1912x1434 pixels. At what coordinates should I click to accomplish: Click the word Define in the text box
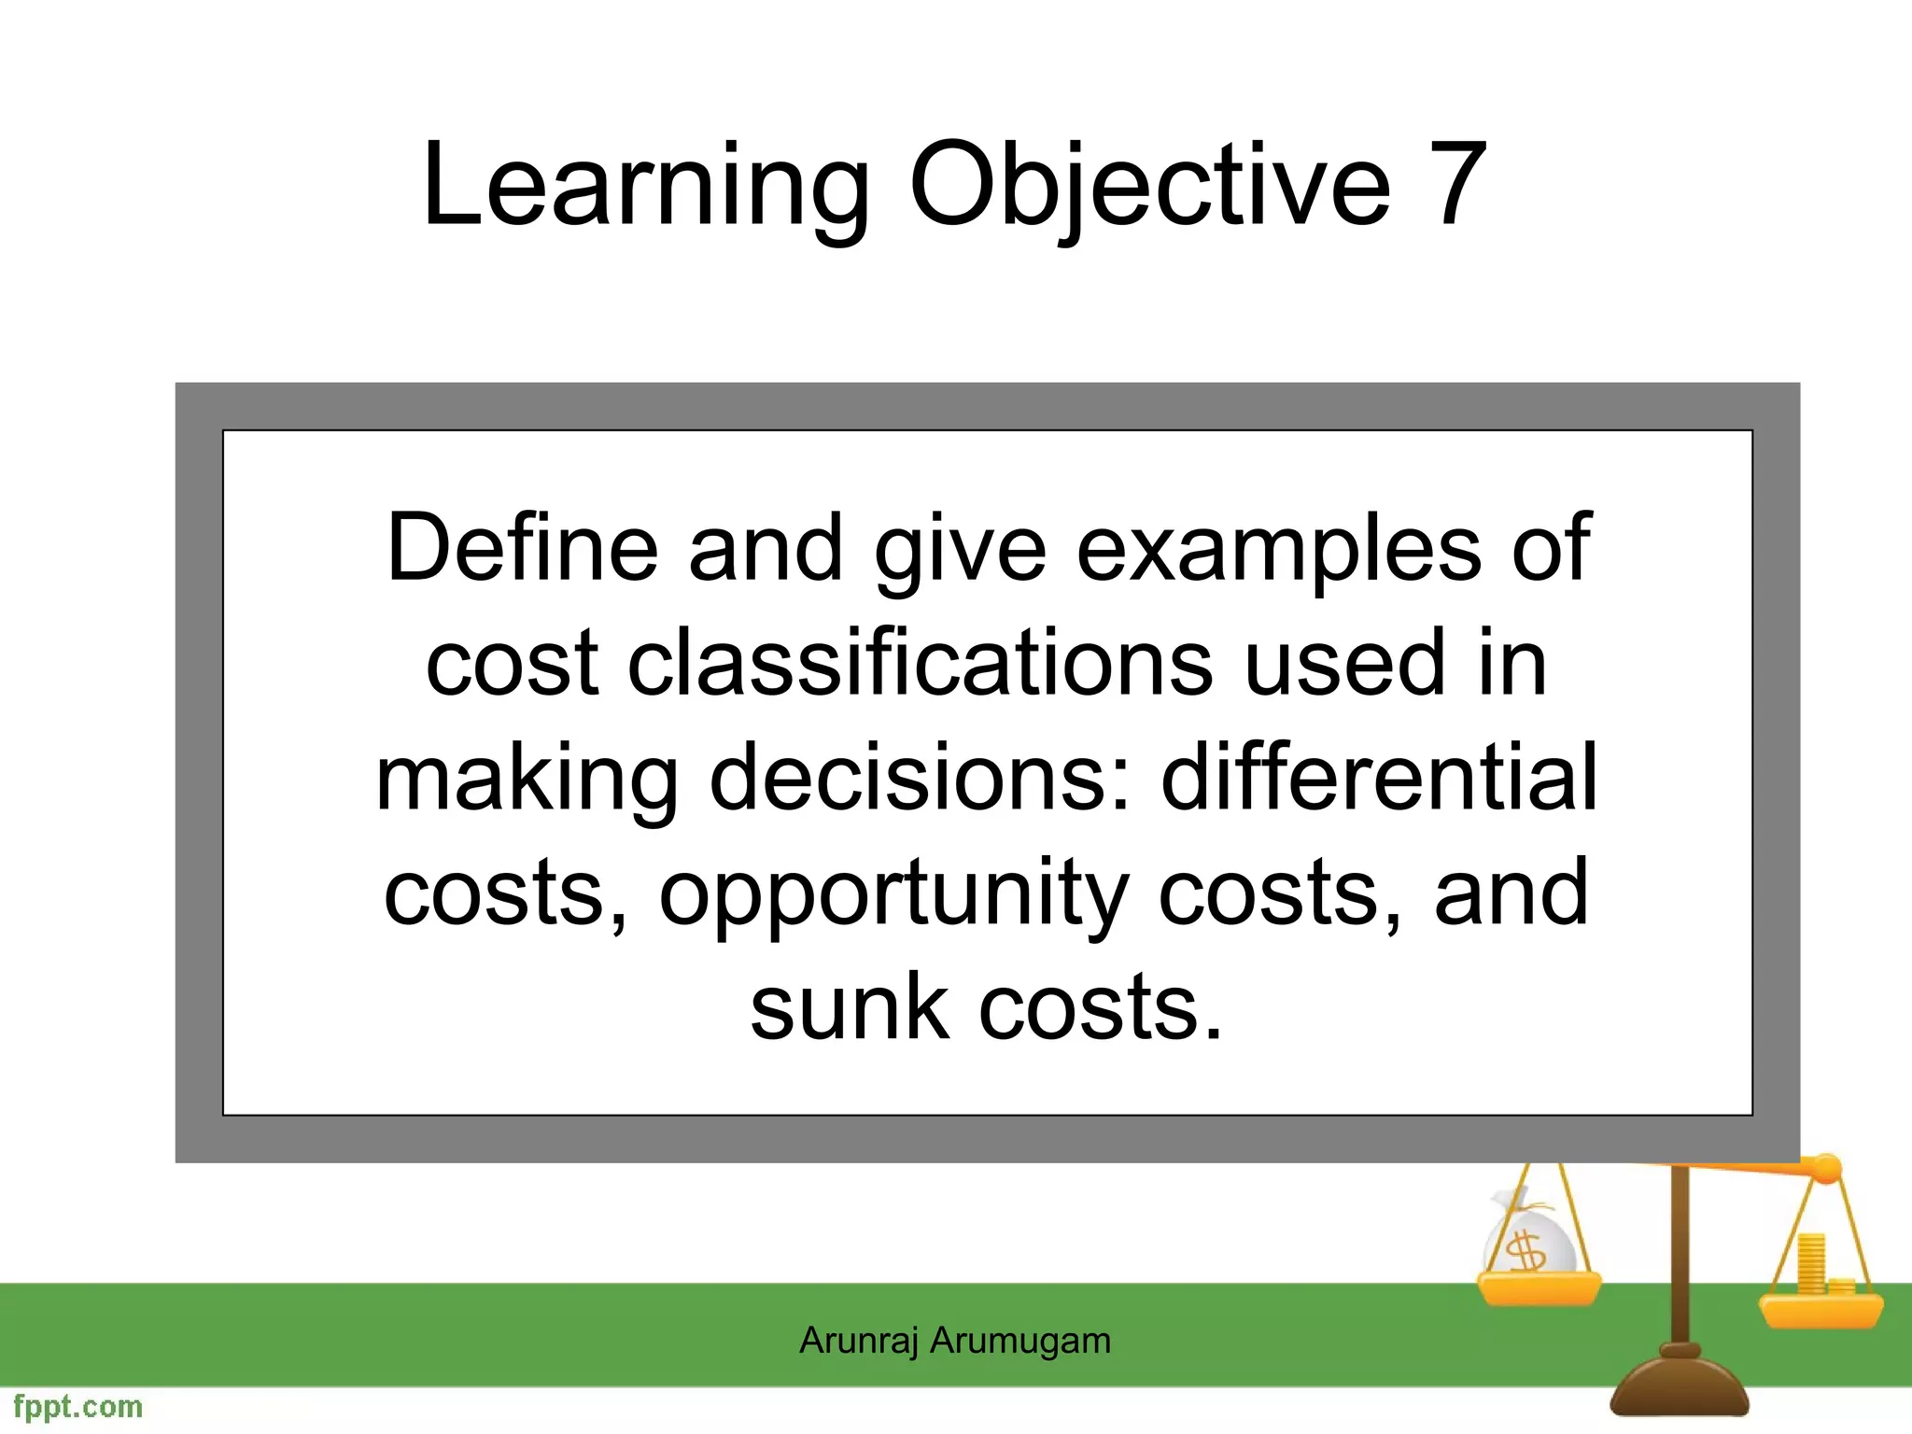pyautogui.click(x=522, y=548)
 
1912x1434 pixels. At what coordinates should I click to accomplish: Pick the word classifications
pyautogui.click(x=920, y=663)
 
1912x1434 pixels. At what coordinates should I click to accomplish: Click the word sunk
pyautogui.click(x=850, y=1007)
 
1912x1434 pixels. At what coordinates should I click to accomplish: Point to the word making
pyautogui.click(x=527, y=780)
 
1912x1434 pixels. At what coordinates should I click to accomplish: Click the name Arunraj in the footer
pyautogui.click(x=859, y=1342)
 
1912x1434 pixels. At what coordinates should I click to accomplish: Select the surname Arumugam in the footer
pyautogui.click(x=1020, y=1342)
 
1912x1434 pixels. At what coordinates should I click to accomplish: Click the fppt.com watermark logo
pyautogui.click(x=78, y=1407)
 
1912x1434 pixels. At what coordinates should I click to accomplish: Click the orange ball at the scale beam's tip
pyautogui.click(x=1825, y=1168)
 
